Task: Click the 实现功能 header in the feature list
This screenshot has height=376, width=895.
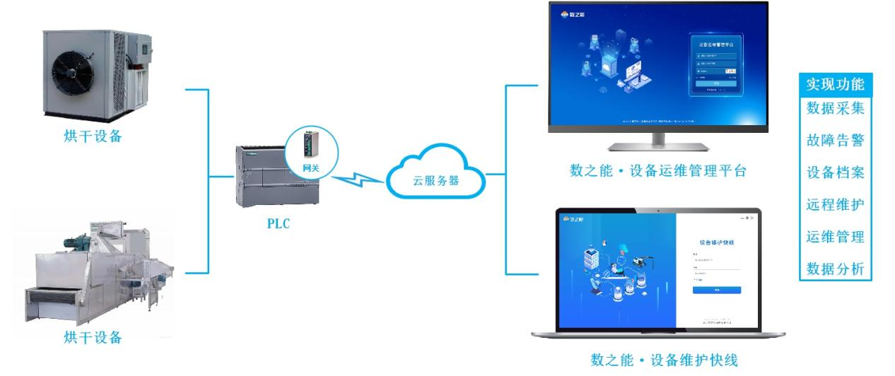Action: (x=836, y=84)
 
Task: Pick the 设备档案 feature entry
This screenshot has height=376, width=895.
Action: (x=836, y=172)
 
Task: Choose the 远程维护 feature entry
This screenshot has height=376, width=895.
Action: (x=836, y=204)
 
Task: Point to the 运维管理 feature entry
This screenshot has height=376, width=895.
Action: (x=836, y=236)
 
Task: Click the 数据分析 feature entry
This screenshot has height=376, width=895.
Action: (x=836, y=269)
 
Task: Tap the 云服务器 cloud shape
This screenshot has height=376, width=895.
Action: (x=435, y=180)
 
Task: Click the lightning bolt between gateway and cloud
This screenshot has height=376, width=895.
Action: (x=358, y=183)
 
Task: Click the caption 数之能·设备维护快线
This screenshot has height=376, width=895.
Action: (x=654, y=361)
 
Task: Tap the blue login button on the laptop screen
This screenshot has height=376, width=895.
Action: (x=716, y=290)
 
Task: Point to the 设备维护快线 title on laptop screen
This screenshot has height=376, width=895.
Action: (x=716, y=241)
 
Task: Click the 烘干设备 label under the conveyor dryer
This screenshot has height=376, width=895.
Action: (x=93, y=336)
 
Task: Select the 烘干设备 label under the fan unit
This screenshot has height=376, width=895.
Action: (x=93, y=136)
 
